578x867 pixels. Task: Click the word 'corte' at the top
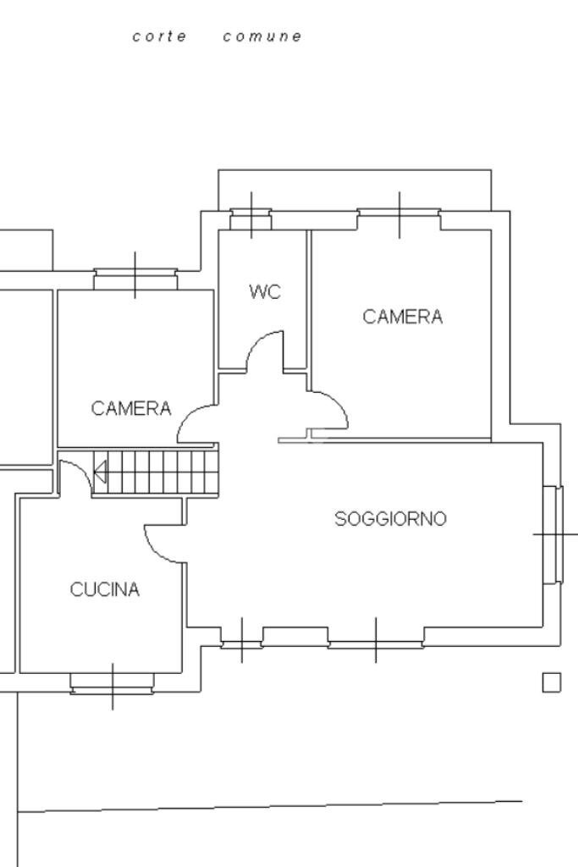pyautogui.click(x=160, y=36)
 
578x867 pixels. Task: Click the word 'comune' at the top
pyautogui.click(x=262, y=36)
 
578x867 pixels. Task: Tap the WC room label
pyautogui.click(x=264, y=292)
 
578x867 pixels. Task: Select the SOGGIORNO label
pyautogui.click(x=390, y=519)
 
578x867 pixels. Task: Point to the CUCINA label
pyautogui.click(x=105, y=590)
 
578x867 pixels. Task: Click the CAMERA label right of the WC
pyautogui.click(x=402, y=317)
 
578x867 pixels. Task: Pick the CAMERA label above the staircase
pyautogui.click(x=131, y=408)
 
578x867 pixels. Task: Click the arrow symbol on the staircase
pyautogui.click(x=100, y=472)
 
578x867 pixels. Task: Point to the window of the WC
pyautogui.click(x=251, y=219)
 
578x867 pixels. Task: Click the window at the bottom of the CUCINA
pyautogui.click(x=113, y=682)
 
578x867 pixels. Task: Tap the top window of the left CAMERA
pyautogui.click(x=135, y=279)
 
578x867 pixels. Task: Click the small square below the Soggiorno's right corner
pyautogui.click(x=551, y=682)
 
